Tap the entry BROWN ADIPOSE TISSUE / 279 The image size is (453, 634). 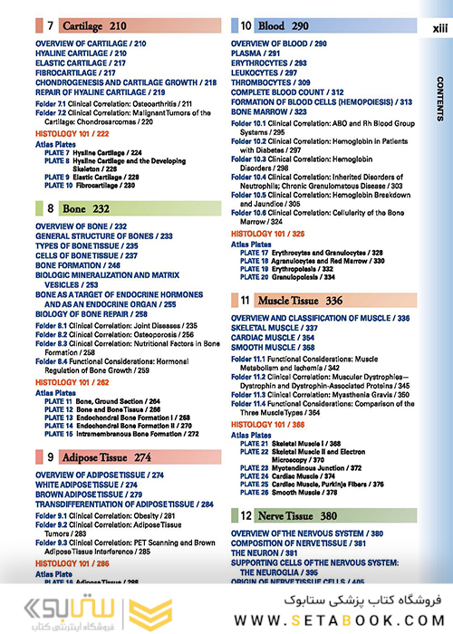coord(100,495)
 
